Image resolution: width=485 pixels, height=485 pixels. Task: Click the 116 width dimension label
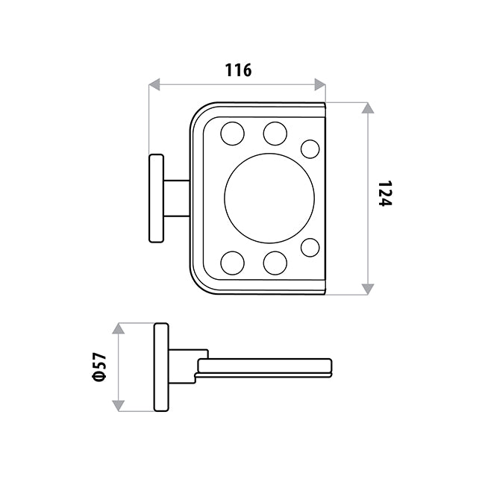(238, 70)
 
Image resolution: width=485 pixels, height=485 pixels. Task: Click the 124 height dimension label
(385, 193)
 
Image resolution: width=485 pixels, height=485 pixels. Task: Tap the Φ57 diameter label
(99, 366)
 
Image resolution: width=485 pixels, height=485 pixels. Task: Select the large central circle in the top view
(269, 198)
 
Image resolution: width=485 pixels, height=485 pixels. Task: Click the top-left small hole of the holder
(232, 134)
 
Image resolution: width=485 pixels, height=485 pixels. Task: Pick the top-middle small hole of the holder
(275, 134)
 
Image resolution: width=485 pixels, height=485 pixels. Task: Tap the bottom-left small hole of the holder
(232, 263)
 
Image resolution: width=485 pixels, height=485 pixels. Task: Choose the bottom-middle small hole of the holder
(275, 263)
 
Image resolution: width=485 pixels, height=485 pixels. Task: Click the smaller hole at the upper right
(310, 149)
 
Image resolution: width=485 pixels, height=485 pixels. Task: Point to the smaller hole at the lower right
(310, 248)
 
